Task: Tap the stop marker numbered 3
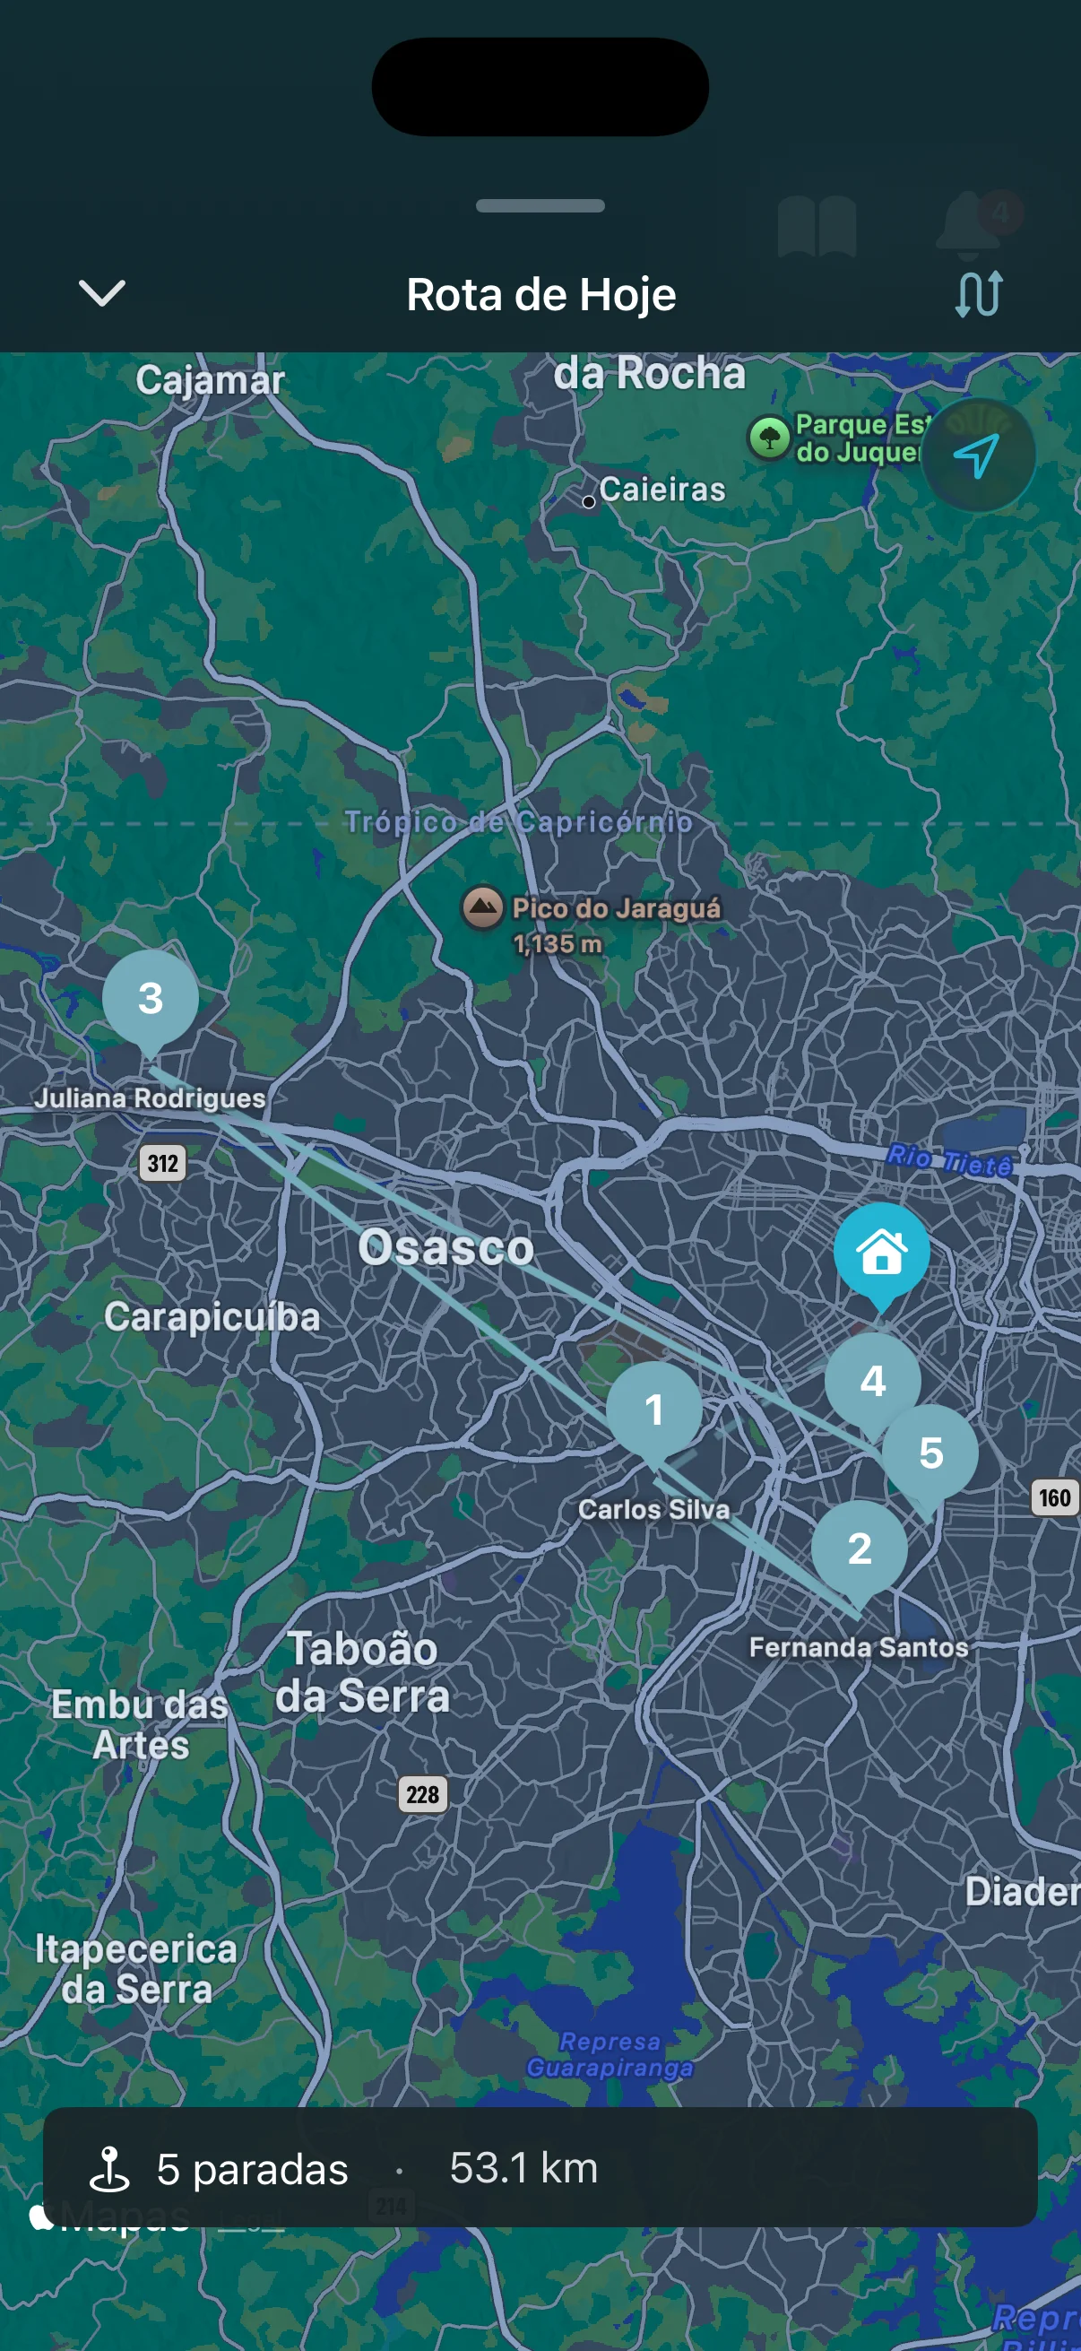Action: tap(151, 998)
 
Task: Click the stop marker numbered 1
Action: tap(654, 1410)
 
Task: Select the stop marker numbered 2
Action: tap(859, 1549)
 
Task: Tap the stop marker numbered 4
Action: tap(872, 1379)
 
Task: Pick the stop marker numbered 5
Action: tap(930, 1452)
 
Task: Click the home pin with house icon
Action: tap(881, 1251)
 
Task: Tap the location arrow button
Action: tap(977, 455)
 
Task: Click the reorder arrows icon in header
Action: tap(979, 294)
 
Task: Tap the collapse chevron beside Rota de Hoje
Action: tap(101, 293)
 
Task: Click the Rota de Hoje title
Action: tap(541, 295)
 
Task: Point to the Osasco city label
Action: tap(445, 1246)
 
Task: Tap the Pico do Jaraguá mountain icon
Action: tap(482, 907)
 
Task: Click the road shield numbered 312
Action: tap(162, 1163)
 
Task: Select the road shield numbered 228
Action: tap(422, 1794)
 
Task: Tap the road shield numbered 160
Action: tap(1054, 1497)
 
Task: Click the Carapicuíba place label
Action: tap(212, 1317)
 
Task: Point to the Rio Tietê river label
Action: tap(948, 1159)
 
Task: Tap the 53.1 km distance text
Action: tap(523, 2167)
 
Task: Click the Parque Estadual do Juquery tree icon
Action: tap(769, 438)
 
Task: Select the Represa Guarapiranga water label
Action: tap(610, 2054)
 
